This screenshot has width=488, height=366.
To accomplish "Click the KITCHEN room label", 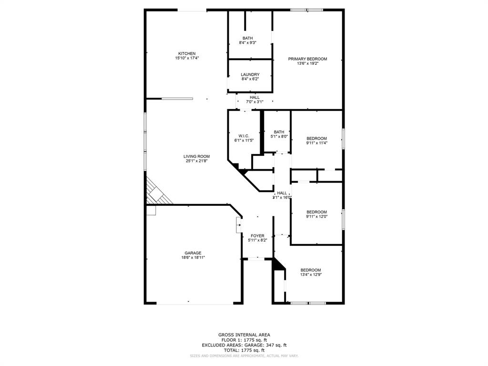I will tap(187, 53).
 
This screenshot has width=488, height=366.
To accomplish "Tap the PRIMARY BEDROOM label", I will tap(307, 59).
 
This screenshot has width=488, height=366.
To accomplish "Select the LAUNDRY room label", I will tap(250, 74).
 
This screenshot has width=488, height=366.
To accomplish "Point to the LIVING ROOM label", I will tap(196, 156).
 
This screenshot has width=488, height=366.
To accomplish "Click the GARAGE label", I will tap(193, 253).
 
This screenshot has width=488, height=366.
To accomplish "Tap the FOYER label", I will tap(257, 236).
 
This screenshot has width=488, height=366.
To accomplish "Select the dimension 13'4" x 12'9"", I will tap(310, 274).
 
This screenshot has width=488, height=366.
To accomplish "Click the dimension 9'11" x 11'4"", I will tap(316, 142).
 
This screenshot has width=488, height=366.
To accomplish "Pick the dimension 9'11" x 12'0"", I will tap(316, 216).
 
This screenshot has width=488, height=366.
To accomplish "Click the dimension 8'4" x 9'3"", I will tap(248, 42).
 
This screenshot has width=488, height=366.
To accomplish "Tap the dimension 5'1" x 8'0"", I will tap(279, 136).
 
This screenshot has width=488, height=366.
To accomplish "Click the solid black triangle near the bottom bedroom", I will tap(277, 264).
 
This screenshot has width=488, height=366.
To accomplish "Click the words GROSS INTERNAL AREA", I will tap(244, 335).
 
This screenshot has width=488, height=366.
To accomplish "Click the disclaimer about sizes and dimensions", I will tap(244, 356).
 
